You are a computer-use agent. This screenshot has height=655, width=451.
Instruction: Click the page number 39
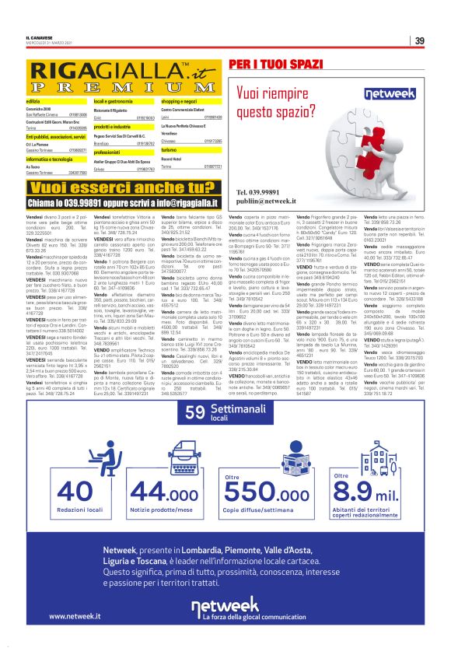(x=418, y=40)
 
